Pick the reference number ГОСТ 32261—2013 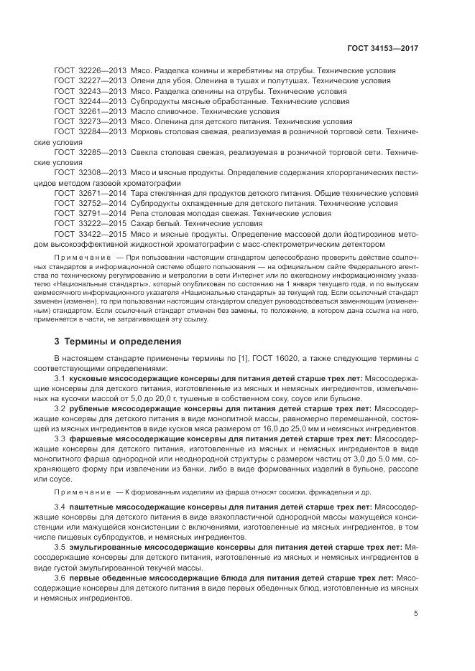90,113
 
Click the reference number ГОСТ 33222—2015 90,224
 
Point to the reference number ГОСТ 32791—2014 90,214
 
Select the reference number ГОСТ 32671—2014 90,194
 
